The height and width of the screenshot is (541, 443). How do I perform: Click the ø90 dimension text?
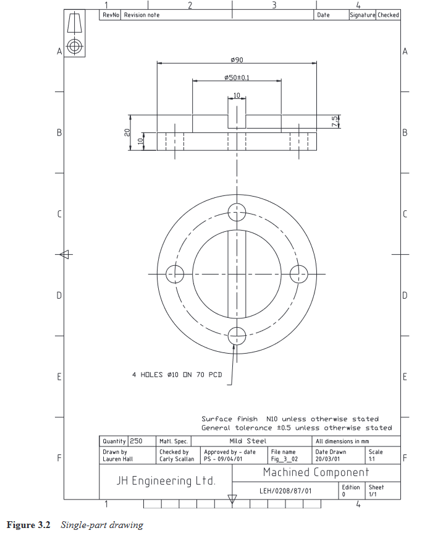[236, 59]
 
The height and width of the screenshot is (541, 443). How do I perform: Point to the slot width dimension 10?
[237, 95]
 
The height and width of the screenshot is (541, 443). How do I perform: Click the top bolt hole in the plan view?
[237, 212]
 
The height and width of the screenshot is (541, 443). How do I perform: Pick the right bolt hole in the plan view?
[298, 273]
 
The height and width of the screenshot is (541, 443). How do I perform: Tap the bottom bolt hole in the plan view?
[237, 336]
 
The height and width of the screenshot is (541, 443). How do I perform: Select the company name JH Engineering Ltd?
[166, 480]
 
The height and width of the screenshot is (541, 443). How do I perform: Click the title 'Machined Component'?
[316, 472]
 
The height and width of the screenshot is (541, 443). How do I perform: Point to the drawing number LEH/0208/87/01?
[285, 491]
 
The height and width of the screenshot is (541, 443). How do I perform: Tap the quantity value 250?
[136, 441]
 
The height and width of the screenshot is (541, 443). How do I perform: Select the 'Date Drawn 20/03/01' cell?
[331, 455]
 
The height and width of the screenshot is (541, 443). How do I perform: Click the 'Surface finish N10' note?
[290, 419]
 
